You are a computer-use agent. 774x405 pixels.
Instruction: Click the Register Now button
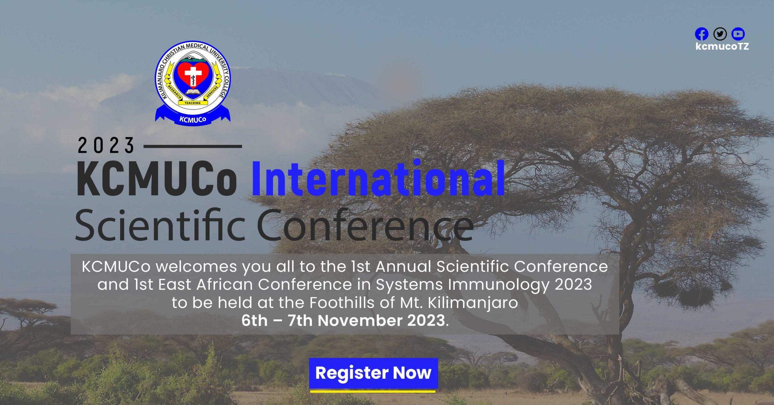pyautogui.click(x=373, y=373)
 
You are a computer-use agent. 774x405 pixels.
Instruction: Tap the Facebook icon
pyautogui.click(x=701, y=34)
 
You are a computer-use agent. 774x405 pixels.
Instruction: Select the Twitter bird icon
pyautogui.click(x=720, y=34)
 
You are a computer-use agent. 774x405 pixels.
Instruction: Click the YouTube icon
pyautogui.click(x=738, y=34)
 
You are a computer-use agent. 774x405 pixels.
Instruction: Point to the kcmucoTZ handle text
pyautogui.click(x=722, y=46)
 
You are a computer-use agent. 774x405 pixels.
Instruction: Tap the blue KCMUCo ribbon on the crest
pyautogui.click(x=193, y=118)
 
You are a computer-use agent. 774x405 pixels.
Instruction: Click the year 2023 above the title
pyautogui.click(x=106, y=145)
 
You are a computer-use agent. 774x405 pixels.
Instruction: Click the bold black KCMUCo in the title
pyautogui.click(x=157, y=179)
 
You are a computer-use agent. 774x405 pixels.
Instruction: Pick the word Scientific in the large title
pyautogui.click(x=160, y=224)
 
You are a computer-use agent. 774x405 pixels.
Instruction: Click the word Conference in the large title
pyautogui.click(x=365, y=224)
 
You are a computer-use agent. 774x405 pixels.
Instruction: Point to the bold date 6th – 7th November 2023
pyautogui.click(x=345, y=321)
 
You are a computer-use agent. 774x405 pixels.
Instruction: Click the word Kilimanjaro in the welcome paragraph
pyautogui.click(x=473, y=303)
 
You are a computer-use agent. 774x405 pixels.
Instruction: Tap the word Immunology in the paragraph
pyautogui.click(x=499, y=285)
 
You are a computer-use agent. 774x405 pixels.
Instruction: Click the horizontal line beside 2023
pyautogui.click(x=193, y=146)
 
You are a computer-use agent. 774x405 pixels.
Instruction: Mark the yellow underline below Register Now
pyautogui.click(x=373, y=391)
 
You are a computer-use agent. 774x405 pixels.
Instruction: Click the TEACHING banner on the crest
pyautogui.click(x=193, y=103)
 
